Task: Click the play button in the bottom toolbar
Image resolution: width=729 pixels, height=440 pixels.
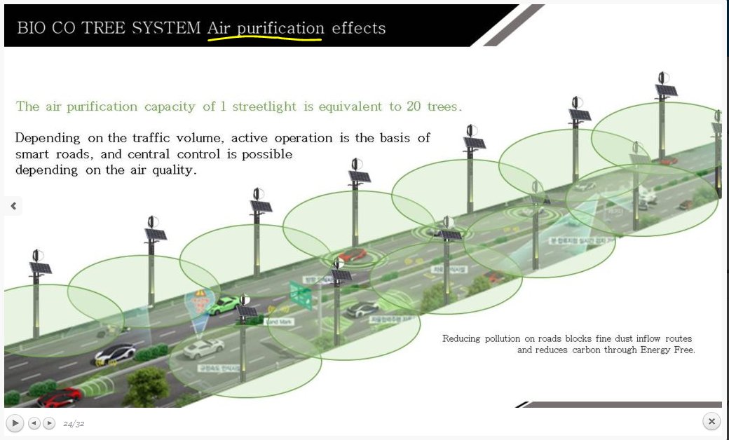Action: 15,422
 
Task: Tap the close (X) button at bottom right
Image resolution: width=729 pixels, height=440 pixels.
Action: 711,421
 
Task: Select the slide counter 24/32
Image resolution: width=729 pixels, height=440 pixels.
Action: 74,423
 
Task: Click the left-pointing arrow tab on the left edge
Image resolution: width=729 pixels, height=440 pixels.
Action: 13,206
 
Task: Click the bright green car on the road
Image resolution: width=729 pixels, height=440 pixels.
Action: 224,305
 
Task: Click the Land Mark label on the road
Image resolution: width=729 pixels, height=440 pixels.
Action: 275,322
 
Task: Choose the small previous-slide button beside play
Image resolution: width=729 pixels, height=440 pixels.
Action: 34,422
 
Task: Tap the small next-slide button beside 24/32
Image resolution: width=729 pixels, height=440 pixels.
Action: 49,422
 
